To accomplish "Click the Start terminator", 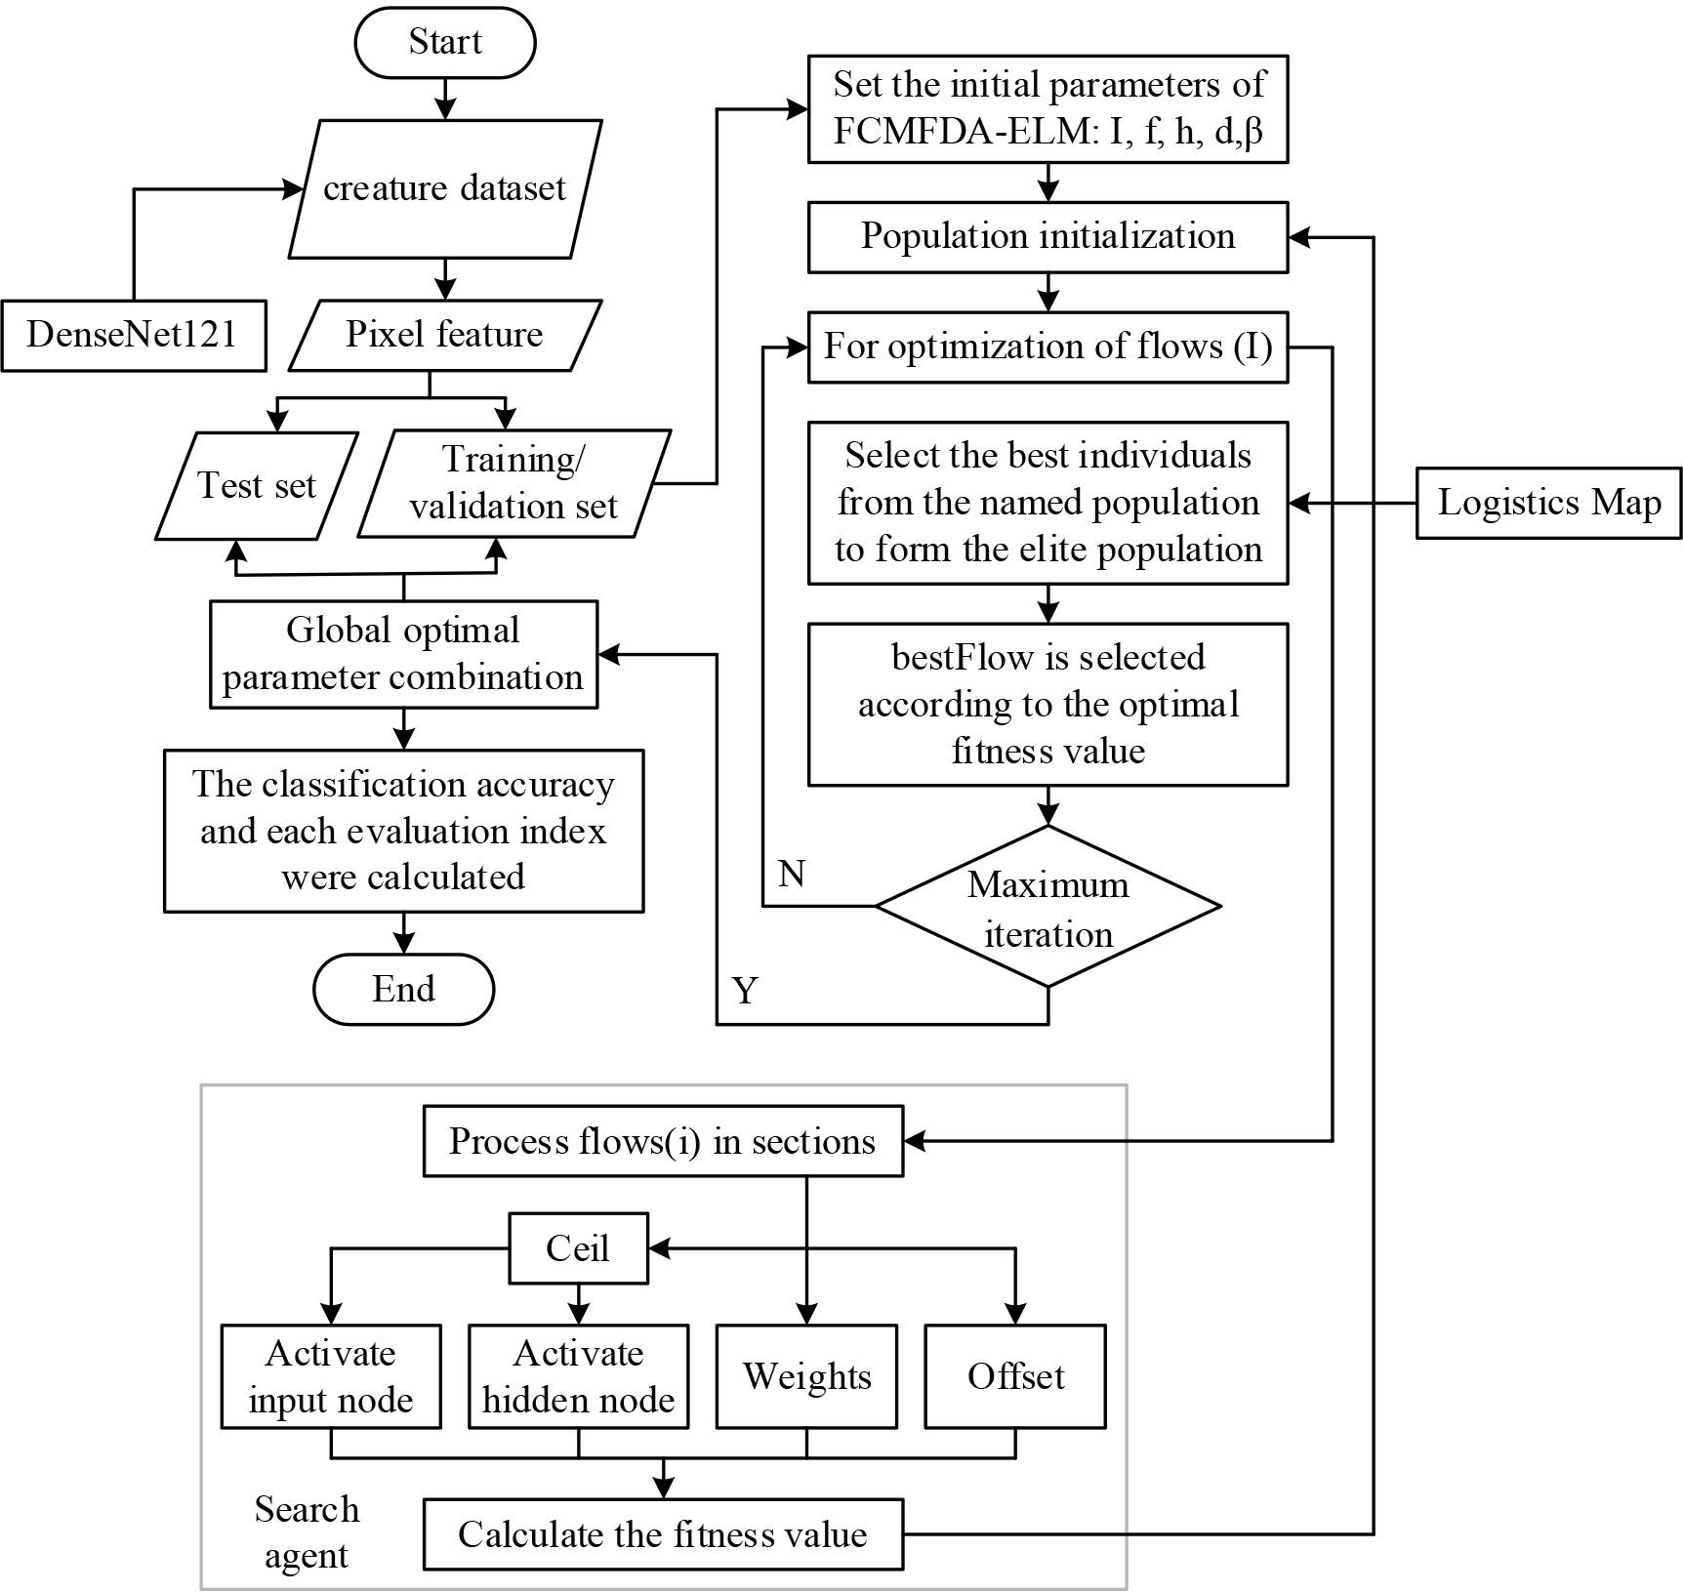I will click(444, 43).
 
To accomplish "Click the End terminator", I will click(403, 989).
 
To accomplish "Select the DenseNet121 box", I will click(133, 336).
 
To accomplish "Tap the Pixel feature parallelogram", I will click(444, 335).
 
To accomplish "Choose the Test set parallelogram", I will click(256, 485).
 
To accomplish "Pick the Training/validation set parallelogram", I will click(513, 483).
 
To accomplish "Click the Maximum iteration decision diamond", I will click(1047, 907).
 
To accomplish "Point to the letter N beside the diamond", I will click(792, 874).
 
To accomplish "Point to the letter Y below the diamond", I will click(746, 992).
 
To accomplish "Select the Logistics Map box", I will click(1548, 503).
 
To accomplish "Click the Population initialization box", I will click(1047, 237).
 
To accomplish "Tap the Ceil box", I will click(578, 1248).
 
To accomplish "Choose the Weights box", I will click(806, 1376).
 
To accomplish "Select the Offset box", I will click(1015, 1376).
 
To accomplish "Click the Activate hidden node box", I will click(578, 1376).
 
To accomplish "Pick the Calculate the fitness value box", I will click(662, 1534).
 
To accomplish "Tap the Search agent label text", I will click(307, 1531).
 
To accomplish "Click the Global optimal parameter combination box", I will click(403, 654).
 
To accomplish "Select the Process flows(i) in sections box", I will click(662, 1141).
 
